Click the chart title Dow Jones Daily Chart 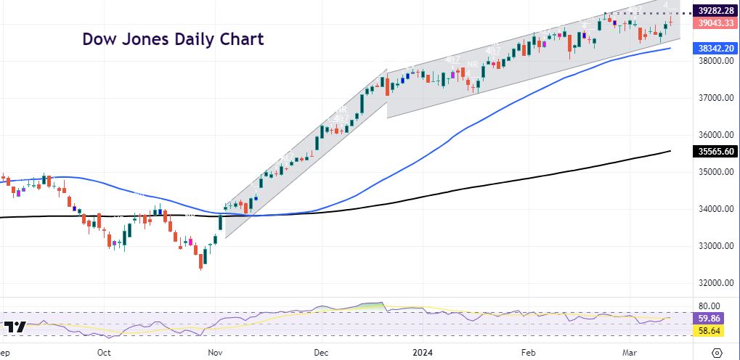[x=172, y=39]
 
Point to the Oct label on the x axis [x=104, y=352]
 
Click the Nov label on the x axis [x=216, y=352]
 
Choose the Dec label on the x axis [x=322, y=352]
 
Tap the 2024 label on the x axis [x=423, y=352]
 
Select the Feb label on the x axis [x=528, y=352]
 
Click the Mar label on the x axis [x=630, y=352]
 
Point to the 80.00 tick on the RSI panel [x=709, y=306]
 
